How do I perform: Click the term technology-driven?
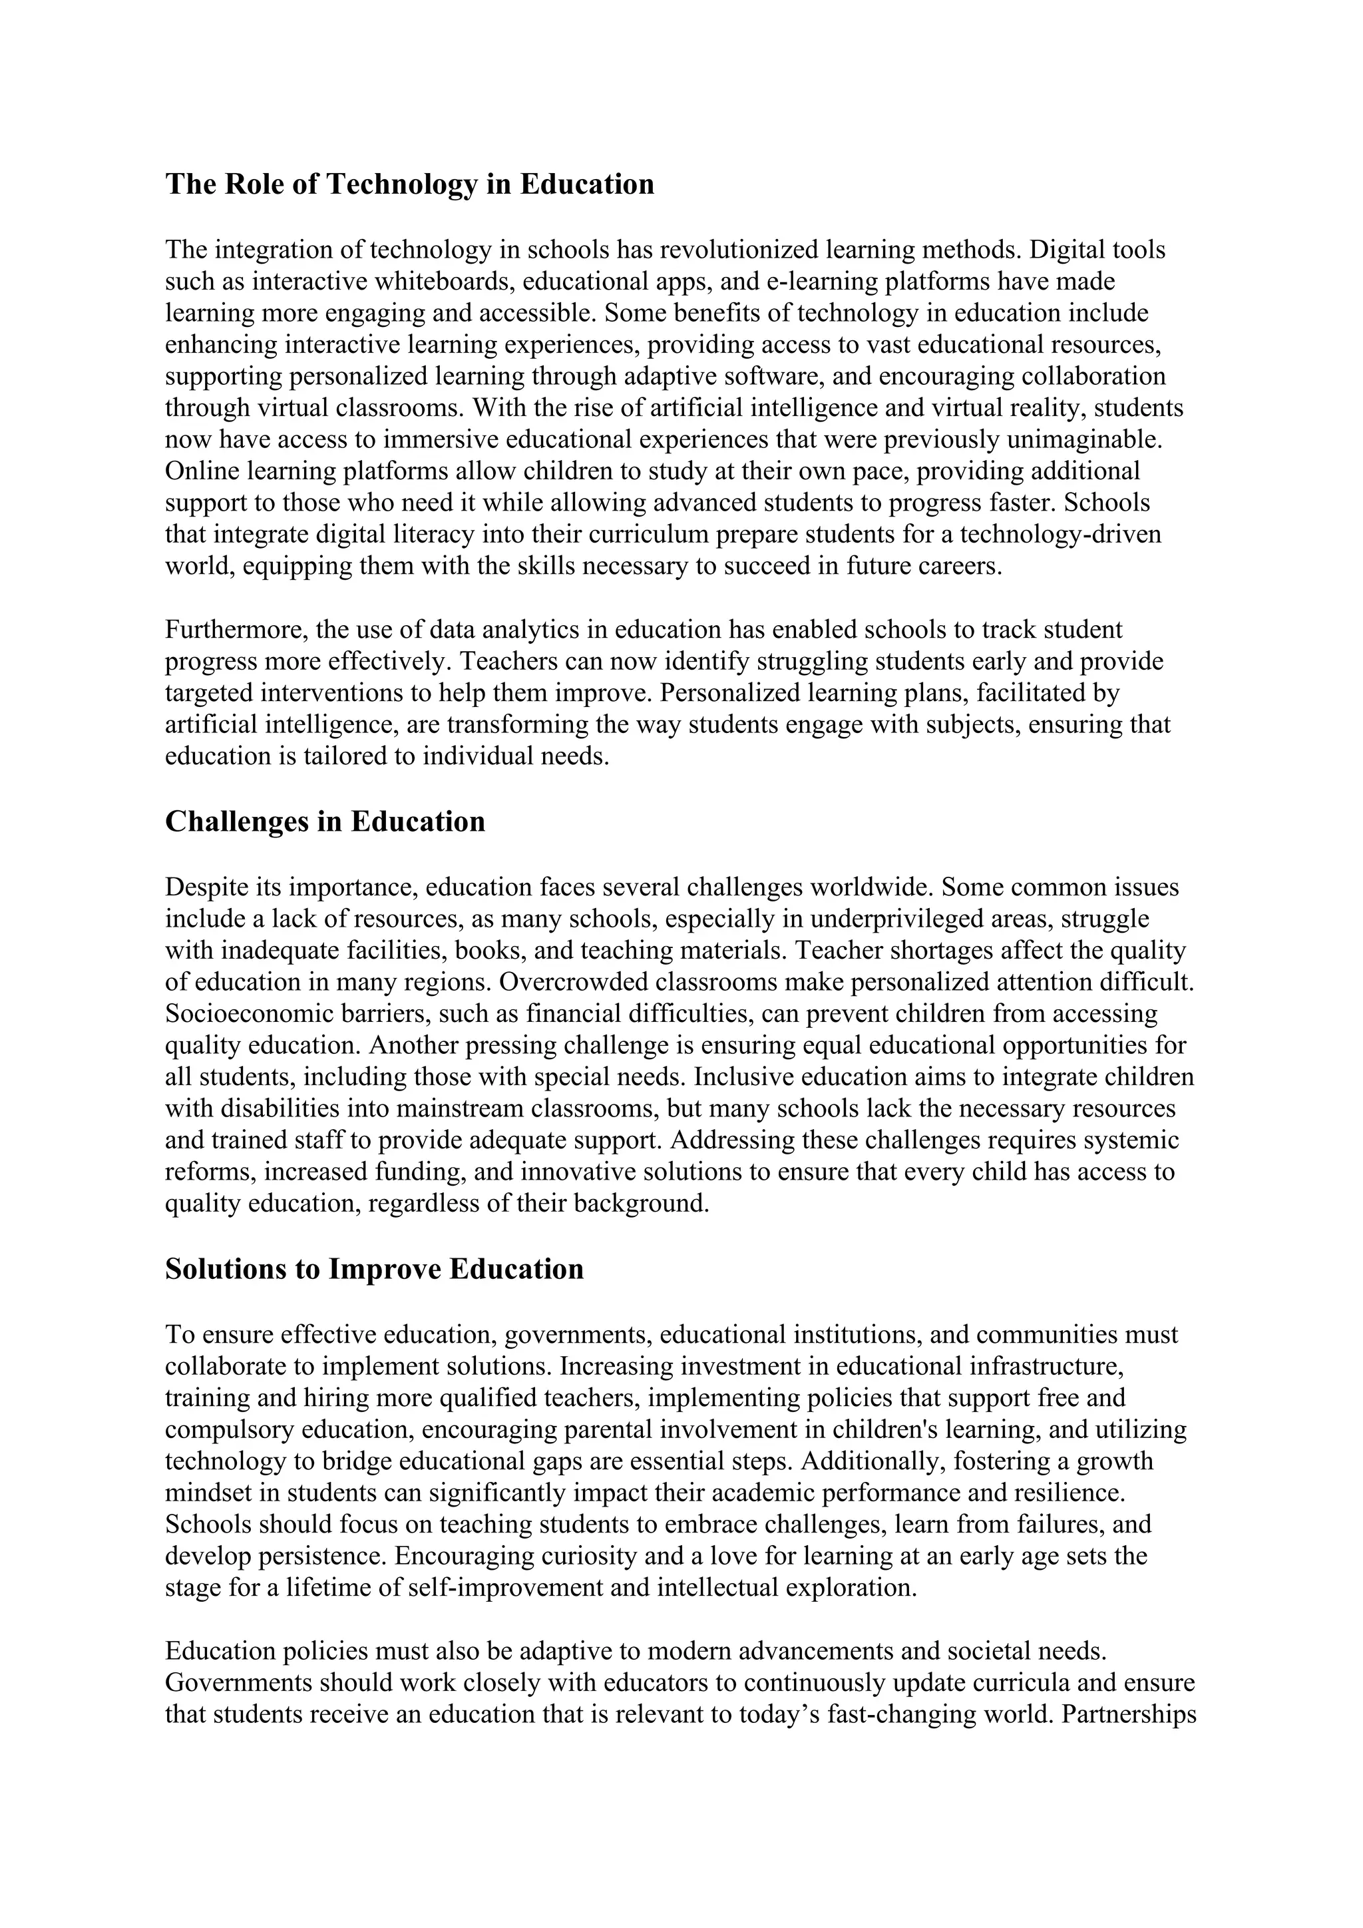click(x=1061, y=534)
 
